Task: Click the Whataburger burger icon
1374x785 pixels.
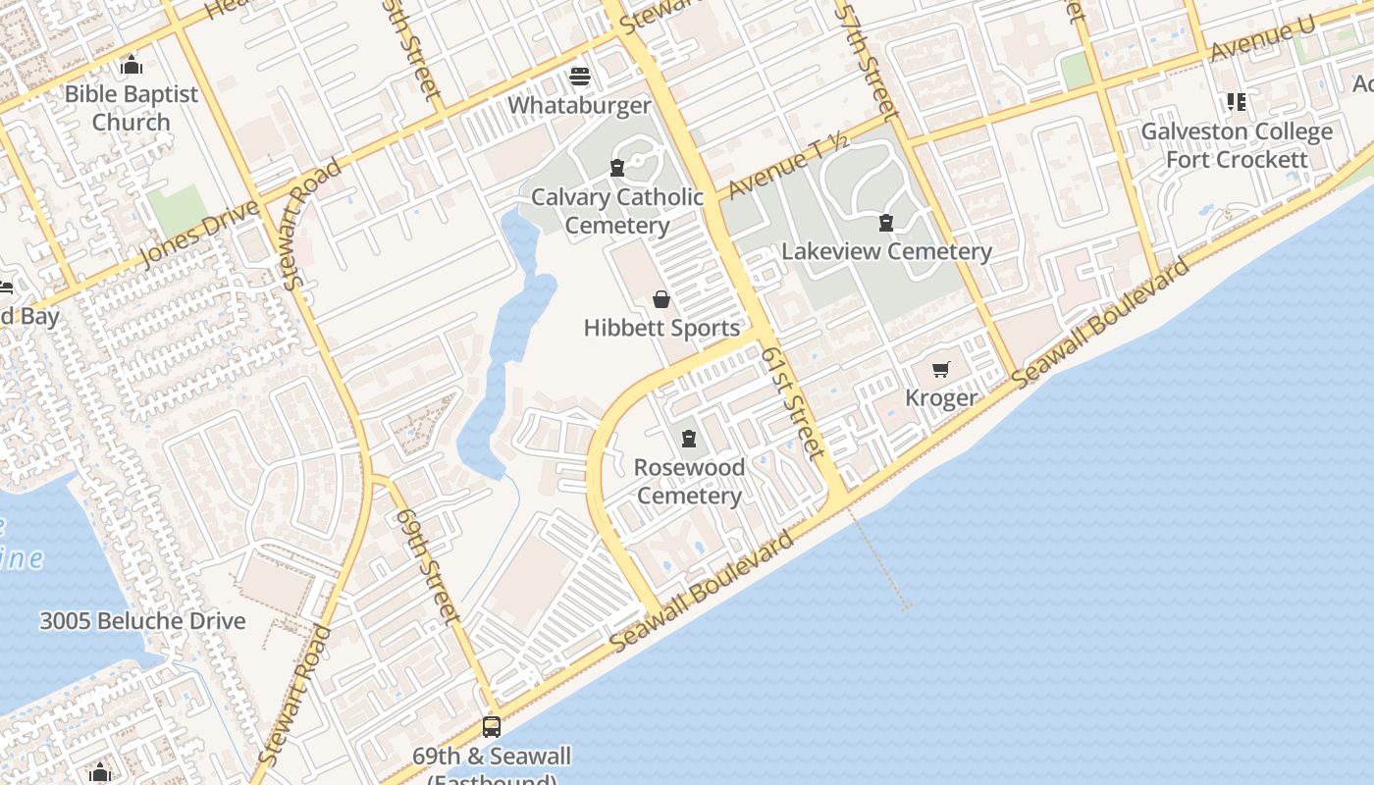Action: click(580, 76)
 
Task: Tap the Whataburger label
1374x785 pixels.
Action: click(580, 106)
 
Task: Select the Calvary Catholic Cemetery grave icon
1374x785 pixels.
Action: click(617, 168)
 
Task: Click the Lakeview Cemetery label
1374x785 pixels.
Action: click(886, 251)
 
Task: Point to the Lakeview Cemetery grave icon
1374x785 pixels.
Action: click(886, 223)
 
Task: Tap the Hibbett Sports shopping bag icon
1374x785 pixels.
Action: click(661, 299)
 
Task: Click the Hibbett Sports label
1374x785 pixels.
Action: click(661, 328)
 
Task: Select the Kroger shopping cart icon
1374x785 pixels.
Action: click(941, 370)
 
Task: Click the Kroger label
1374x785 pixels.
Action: click(941, 397)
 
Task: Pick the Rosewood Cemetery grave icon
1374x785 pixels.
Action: click(689, 439)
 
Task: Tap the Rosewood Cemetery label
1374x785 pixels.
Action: click(689, 481)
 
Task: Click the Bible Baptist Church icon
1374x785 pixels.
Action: click(132, 66)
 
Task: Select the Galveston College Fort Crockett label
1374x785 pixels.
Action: click(1237, 145)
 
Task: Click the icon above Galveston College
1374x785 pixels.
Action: click(1236, 102)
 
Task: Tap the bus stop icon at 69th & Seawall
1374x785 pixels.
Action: click(492, 727)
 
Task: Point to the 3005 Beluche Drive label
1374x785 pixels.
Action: click(142, 621)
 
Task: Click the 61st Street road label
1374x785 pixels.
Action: click(793, 401)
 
